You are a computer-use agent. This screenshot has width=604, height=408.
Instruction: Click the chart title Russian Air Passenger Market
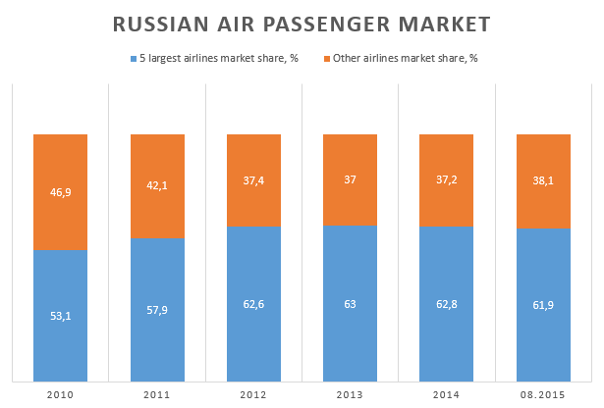(302, 23)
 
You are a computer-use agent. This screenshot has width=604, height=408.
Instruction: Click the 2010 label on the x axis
(60, 394)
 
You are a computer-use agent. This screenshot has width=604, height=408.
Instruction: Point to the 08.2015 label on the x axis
(542, 394)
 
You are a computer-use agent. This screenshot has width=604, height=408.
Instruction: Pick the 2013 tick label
(350, 394)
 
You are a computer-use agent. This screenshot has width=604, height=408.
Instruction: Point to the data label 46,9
(60, 193)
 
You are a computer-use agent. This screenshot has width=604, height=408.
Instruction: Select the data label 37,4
(253, 180)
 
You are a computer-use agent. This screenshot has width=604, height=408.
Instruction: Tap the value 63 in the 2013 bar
(350, 303)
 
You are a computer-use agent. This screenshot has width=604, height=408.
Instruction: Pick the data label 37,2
(446, 180)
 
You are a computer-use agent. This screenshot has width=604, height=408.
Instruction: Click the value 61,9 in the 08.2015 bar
(542, 306)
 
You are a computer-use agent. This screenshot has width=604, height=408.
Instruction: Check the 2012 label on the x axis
(253, 394)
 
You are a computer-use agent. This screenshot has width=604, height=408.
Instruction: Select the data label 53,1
(60, 316)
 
